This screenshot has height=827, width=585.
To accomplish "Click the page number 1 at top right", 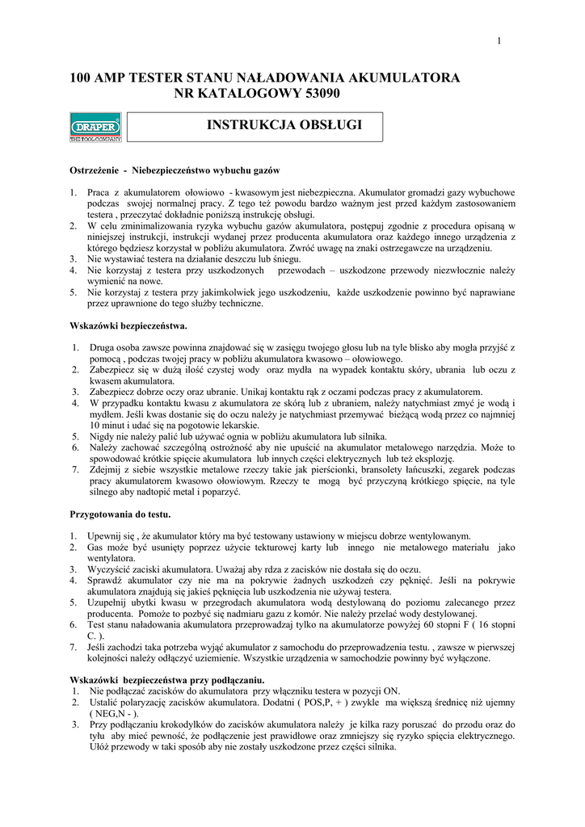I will [x=499, y=41].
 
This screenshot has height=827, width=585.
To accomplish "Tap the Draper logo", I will [x=95, y=128].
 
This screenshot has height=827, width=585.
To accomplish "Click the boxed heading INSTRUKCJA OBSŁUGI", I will [x=284, y=125].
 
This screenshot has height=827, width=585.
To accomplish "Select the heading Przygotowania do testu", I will [x=120, y=514].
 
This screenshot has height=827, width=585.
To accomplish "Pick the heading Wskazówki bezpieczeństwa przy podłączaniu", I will [x=167, y=681].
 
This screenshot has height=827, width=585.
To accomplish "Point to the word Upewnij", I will [x=107, y=536].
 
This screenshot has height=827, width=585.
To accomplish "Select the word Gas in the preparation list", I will [x=97, y=548].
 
